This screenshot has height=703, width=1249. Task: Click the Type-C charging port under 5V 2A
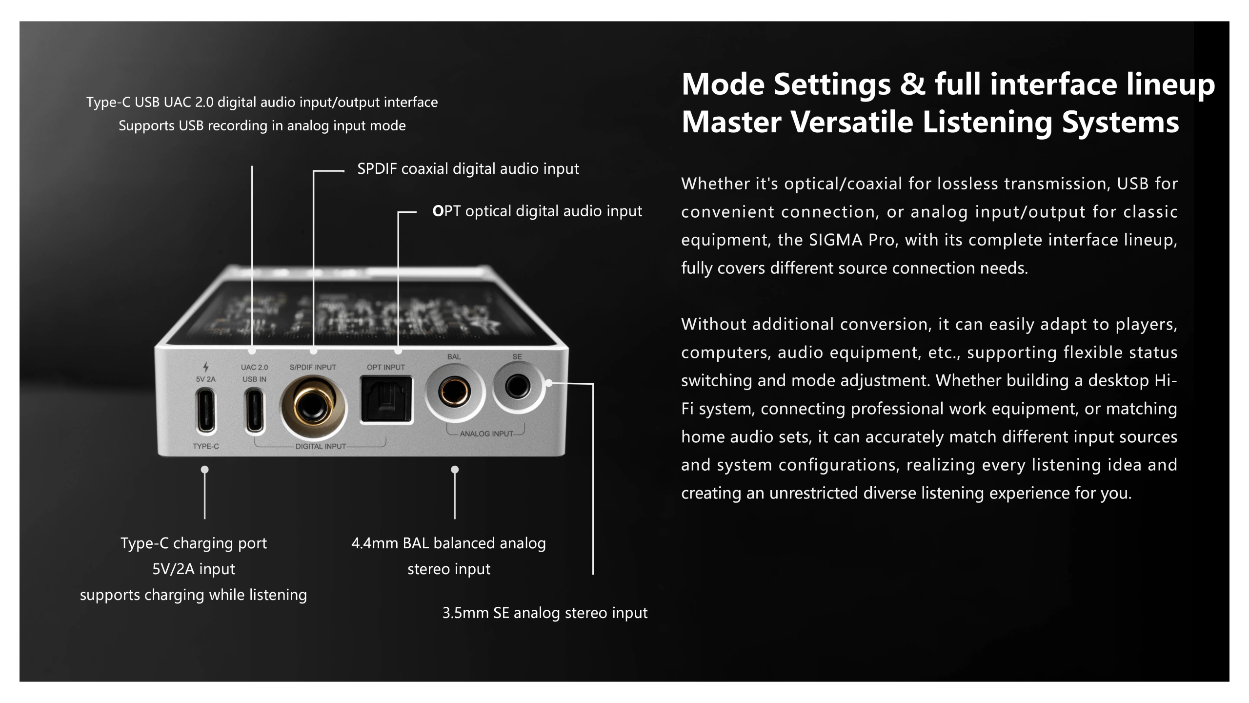click(206, 411)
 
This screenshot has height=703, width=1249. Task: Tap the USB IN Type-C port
click(255, 411)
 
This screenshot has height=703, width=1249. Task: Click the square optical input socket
click(386, 399)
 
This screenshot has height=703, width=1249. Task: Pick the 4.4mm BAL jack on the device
click(454, 392)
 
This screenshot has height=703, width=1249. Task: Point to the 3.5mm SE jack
click(518, 387)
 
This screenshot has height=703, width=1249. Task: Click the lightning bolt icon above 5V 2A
click(206, 367)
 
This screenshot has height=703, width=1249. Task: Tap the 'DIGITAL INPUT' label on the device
click(321, 446)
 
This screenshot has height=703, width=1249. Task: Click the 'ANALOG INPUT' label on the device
click(486, 434)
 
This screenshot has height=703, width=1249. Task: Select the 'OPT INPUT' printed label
click(386, 367)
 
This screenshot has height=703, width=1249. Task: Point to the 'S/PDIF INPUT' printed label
click(313, 367)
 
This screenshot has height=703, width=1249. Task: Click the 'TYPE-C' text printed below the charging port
click(206, 446)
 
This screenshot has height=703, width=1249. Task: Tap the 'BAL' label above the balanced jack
click(454, 356)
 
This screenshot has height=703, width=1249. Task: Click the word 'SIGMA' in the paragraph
click(836, 240)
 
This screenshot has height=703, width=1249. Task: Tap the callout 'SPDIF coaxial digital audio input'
click(468, 169)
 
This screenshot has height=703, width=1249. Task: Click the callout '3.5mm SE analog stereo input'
click(545, 613)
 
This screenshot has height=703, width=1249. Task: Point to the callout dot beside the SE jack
click(549, 383)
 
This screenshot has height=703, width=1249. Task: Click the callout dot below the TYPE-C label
click(205, 469)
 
